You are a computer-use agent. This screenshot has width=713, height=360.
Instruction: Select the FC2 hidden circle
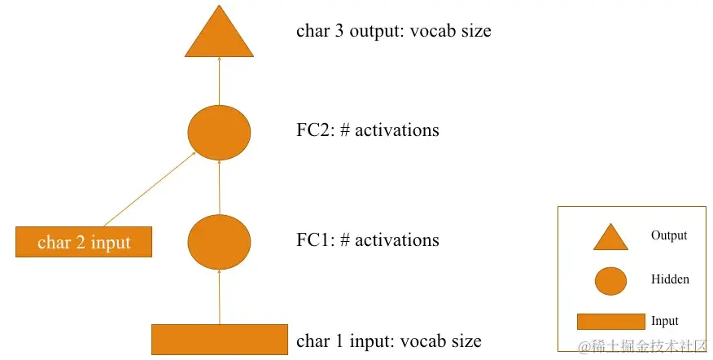point(219,132)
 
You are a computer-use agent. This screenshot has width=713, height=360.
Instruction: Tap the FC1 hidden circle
point(219,241)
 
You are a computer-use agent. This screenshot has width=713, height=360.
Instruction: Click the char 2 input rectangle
point(84,242)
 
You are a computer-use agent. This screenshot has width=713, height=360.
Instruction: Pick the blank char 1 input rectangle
point(220,340)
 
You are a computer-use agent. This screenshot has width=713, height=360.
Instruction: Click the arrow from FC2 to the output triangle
point(219,81)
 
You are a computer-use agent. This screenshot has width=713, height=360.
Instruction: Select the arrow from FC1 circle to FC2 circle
point(219,187)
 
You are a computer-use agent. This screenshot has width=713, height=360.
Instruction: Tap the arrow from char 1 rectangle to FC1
point(219,297)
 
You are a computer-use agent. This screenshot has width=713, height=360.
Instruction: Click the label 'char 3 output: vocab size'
point(393,32)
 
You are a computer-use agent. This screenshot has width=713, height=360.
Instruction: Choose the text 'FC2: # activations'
point(367,130)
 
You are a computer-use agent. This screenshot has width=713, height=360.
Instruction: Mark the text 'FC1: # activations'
point(367,240)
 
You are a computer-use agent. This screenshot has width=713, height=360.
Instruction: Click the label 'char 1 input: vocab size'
point(388,341)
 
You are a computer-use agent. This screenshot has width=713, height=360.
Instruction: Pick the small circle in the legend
point(610,281)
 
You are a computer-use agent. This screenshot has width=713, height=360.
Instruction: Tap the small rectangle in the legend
point(610,321)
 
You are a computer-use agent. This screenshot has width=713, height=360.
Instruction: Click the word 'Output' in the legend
point(669,235)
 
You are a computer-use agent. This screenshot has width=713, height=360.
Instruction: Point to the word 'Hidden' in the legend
point(670,279)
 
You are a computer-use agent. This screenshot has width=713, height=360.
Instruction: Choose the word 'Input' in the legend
point(665,321)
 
